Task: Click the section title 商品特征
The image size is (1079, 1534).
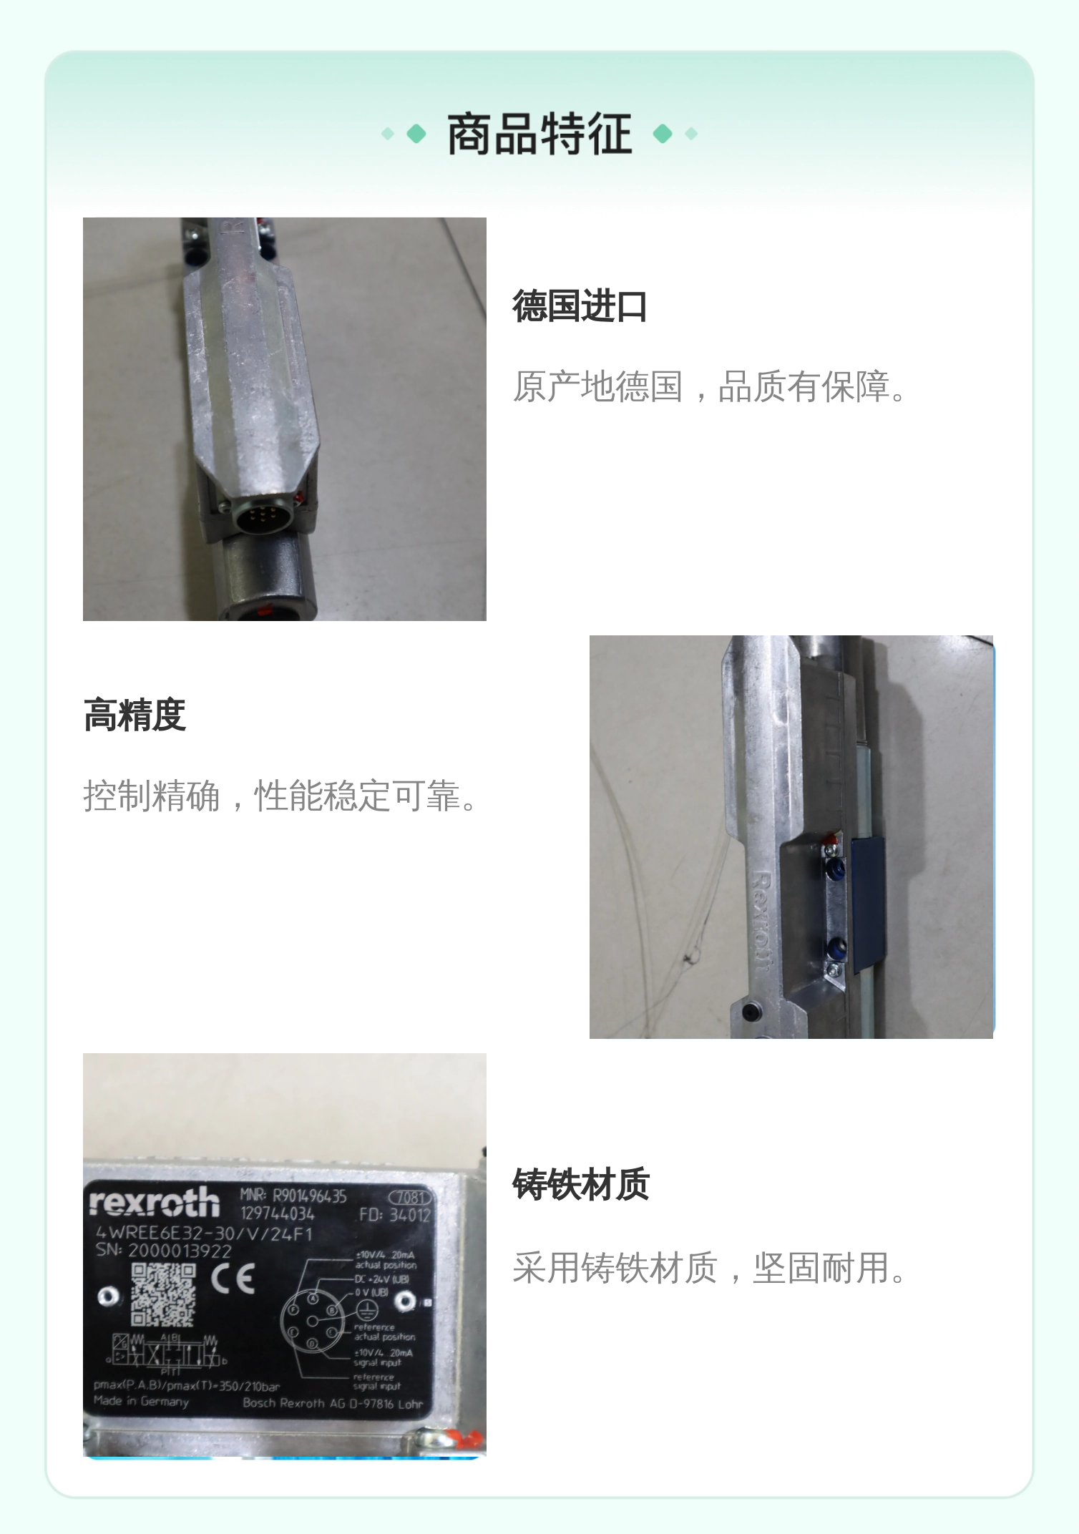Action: (x=539, y=134)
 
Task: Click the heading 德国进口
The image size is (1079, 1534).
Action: (x=580, y=306)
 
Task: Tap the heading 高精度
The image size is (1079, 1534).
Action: (x=135, y=715)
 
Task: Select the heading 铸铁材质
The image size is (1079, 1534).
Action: (x=580, y=1184)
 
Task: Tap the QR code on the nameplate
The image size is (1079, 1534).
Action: (x=162, y=1295)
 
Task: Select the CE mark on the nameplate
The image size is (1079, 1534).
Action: (x=233, y=1278)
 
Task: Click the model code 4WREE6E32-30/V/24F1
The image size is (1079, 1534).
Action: (x=204, y=1233)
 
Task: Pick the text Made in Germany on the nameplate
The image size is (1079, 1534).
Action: (x=141, y=1401)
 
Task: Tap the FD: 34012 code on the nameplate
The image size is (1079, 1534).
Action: (x=394, y=1215)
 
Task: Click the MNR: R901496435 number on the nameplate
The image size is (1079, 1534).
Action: (x=293, y=1196)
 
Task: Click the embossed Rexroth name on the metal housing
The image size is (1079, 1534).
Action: (x=760, y=923)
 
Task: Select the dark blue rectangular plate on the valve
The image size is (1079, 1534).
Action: (x=869, y=905)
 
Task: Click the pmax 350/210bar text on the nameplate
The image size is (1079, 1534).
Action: (x=186, y=1386)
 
